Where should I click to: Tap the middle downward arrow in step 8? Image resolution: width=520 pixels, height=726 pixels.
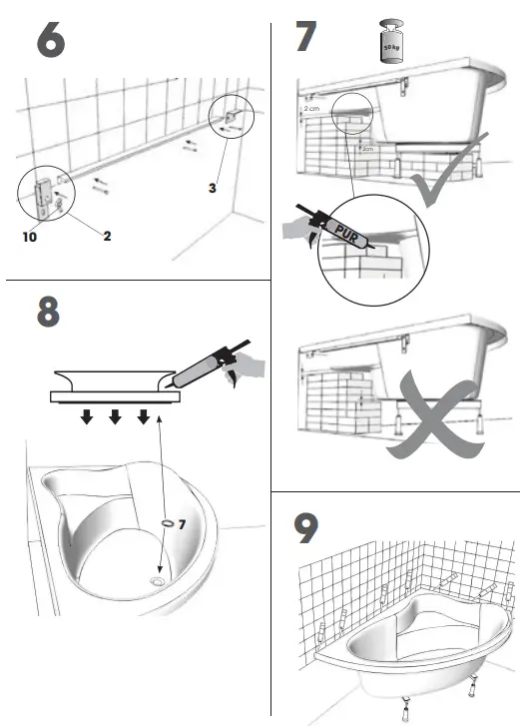click(116, 415)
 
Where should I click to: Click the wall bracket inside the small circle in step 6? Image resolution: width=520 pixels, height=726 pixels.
click(230, 122)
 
